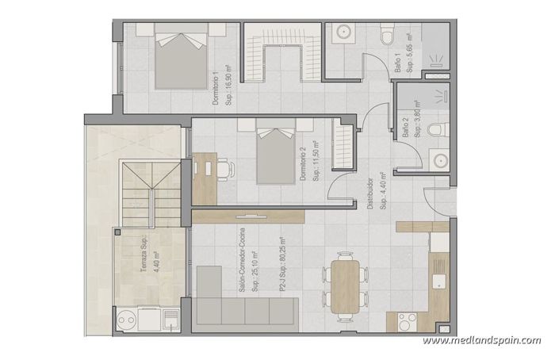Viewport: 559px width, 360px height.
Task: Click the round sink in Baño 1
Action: [x=344, y=33]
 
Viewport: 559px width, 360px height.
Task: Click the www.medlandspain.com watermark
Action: [x=481, y=340]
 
